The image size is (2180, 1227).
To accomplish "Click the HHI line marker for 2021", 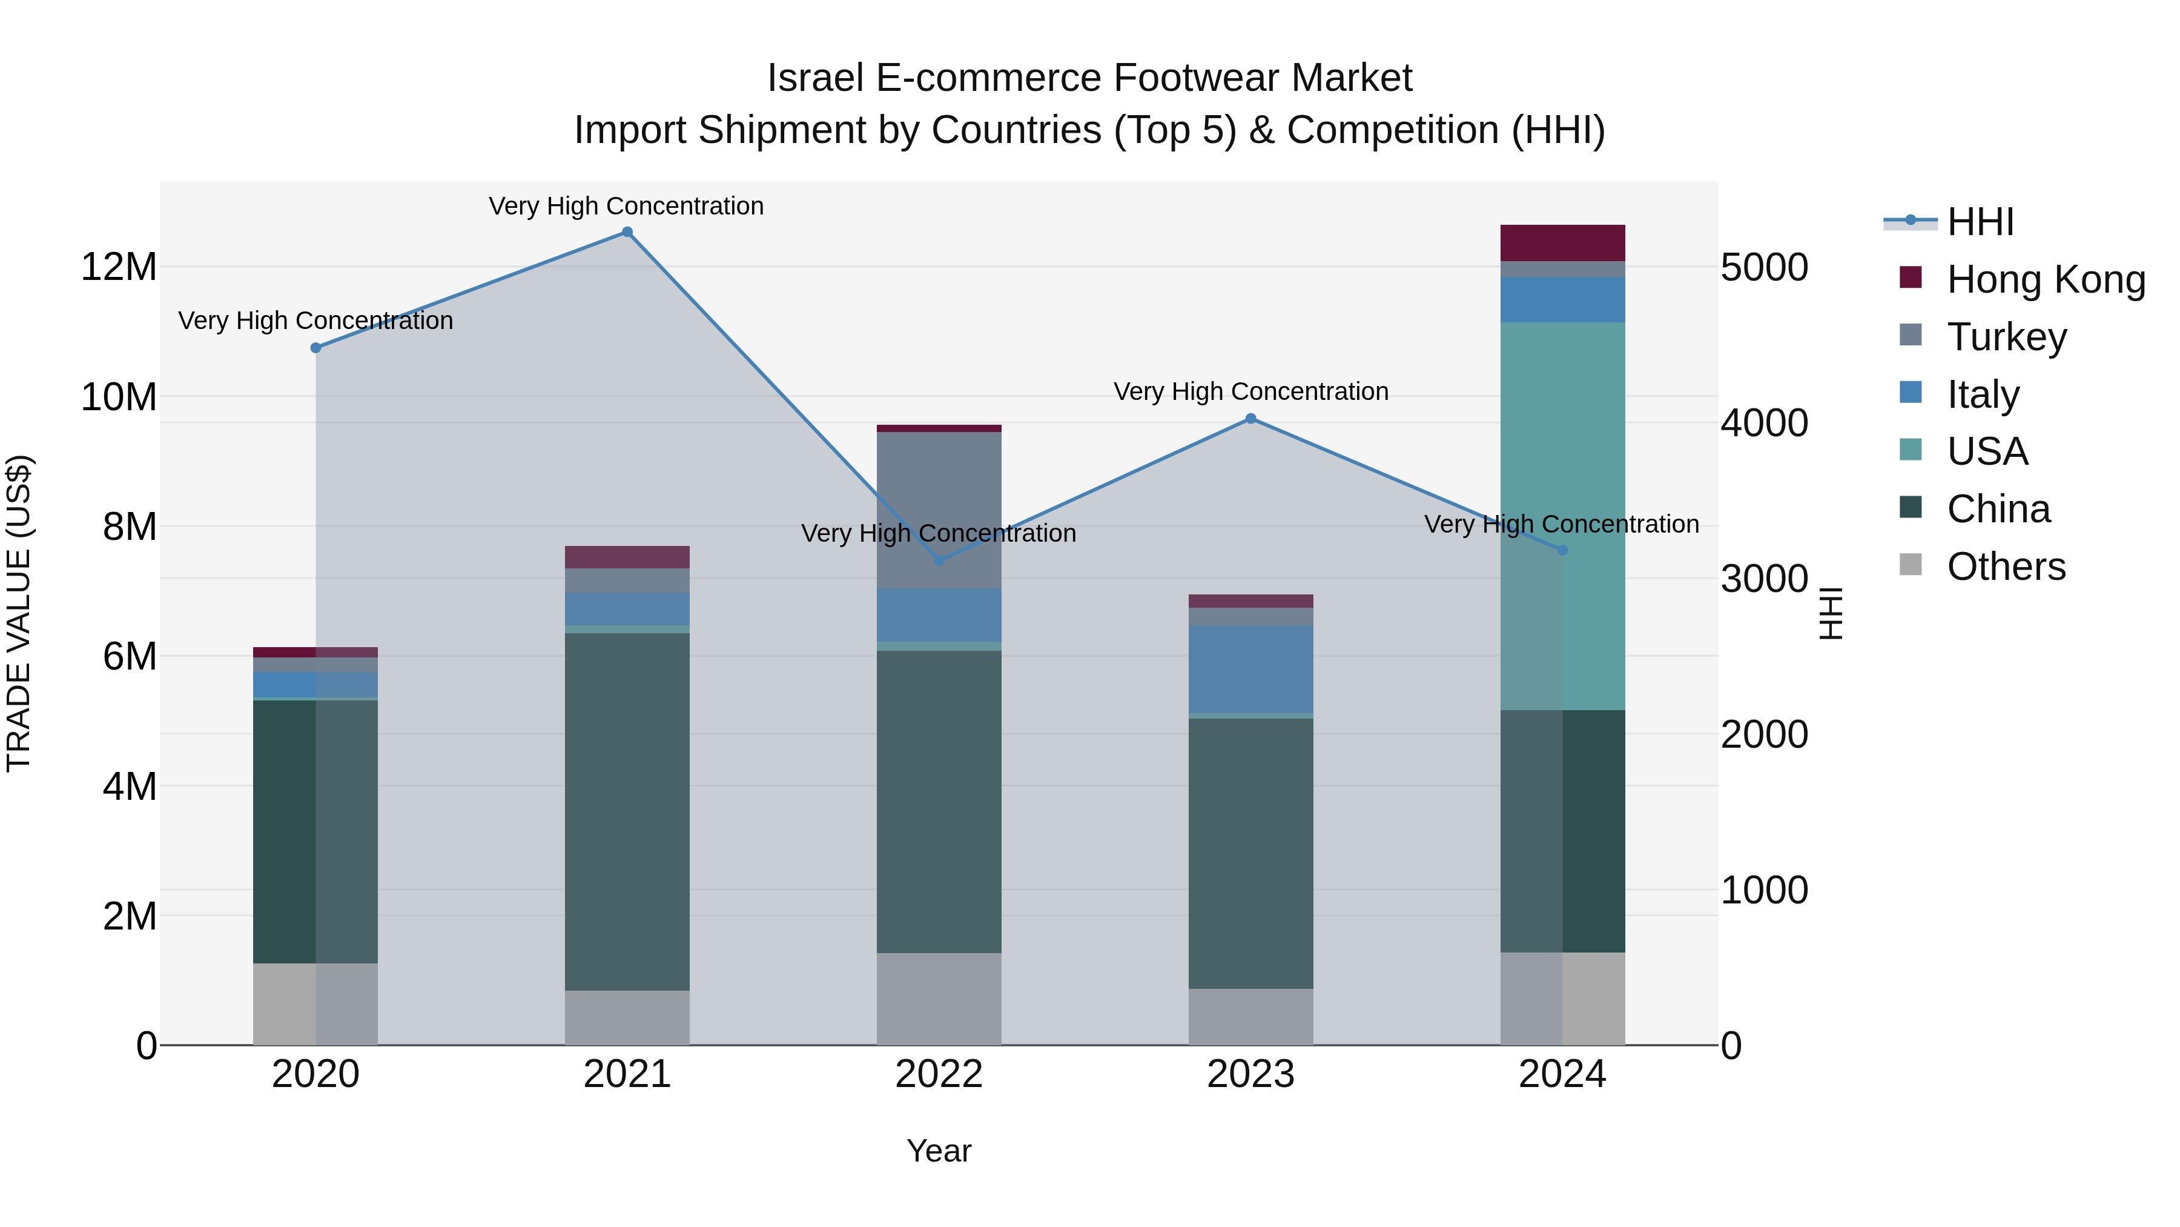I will (627, 232).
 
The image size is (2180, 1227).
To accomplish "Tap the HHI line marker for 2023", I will (1251, 418).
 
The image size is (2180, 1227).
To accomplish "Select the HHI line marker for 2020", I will (315, 348).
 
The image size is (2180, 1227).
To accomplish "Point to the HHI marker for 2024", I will (1562, 550).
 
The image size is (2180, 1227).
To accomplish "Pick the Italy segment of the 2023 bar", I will (1251, 669).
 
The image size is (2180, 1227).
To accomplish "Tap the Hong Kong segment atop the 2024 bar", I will (1562, 243).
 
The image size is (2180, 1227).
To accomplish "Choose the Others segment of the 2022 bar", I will (939, 999).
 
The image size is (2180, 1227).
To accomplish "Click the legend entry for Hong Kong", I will (2046, 279).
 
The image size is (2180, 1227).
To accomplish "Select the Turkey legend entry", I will (2006, 337).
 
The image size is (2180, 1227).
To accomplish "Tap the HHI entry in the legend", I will (1980, 222).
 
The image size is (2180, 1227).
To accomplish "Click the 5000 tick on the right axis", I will (1765, 268).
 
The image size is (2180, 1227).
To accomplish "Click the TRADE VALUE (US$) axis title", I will (19, 613).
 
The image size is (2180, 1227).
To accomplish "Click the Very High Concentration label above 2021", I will (626, 207).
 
